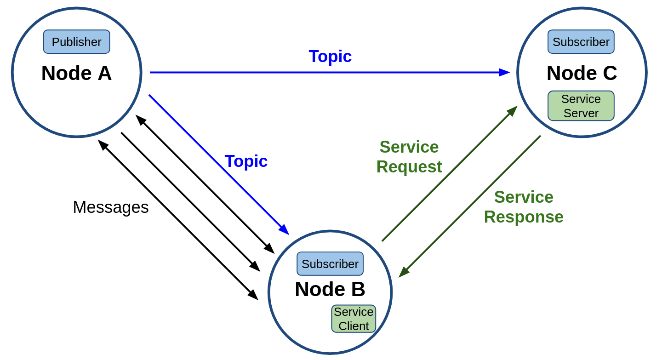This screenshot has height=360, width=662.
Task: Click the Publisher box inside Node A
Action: [76, 42]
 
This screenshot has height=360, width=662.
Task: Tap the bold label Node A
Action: [76, 73]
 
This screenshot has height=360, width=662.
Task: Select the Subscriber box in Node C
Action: [581, 42]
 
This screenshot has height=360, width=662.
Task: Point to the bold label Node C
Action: [582, 73]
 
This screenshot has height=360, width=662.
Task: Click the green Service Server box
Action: [581, 106]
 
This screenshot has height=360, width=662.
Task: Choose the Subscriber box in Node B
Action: [330, 263]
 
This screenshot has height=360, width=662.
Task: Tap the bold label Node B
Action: [330, 289]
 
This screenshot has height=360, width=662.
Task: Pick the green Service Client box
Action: [354, 319]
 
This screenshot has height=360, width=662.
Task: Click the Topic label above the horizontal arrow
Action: [330, 56]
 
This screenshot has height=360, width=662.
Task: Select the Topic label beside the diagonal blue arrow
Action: [246, 161]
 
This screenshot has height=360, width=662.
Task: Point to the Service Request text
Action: [409, 157]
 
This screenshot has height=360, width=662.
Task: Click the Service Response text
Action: [524, 207]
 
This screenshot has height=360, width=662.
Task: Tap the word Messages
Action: [111, 207]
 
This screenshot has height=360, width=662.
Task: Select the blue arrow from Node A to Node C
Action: [330, 73]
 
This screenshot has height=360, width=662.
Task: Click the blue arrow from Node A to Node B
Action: [219, 165]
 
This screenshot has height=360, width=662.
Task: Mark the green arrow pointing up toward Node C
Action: [450, 173]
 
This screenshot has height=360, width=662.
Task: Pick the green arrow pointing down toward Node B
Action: [470, 206]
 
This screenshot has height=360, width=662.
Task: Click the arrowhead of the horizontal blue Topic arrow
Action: [504, 73]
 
